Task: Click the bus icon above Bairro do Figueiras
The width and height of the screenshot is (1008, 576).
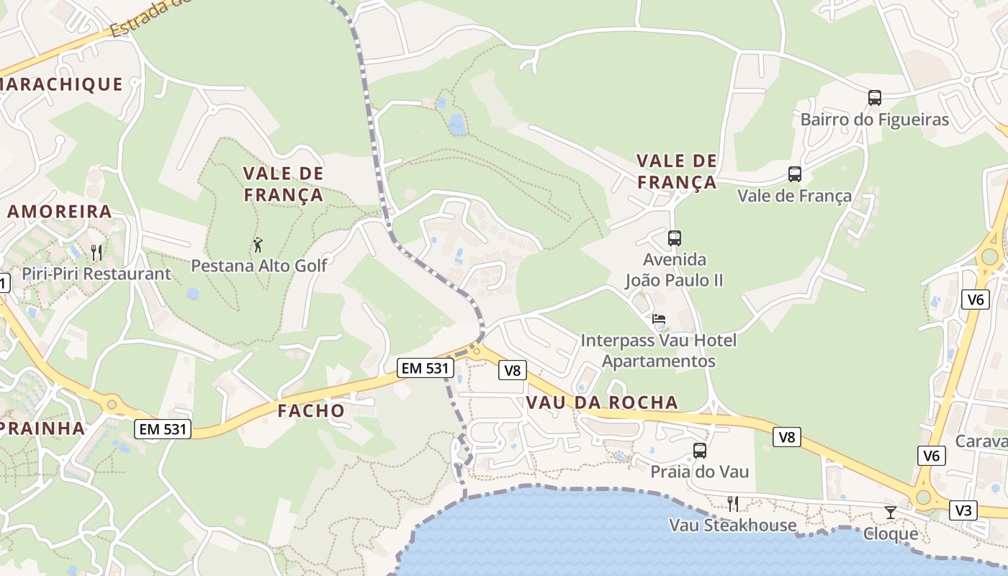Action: click(874, 98)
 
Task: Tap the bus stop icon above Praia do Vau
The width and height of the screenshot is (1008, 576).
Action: click(699, 451)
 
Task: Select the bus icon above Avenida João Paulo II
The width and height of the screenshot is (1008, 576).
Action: click(674, 238)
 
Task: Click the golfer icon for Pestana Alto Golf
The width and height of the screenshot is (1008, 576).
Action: click(258, 245)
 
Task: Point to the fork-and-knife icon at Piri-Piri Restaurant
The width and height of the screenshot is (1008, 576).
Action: click(96, 253)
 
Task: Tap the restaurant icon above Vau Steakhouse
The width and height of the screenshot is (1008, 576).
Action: click(732, 503)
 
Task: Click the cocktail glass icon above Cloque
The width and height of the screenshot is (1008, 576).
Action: click(891, 512)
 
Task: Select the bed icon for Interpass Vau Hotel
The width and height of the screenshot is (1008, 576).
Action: click(658, 319)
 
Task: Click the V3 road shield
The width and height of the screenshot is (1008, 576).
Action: click(963, 510)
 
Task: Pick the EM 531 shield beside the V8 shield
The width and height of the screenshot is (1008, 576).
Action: click(426, 368)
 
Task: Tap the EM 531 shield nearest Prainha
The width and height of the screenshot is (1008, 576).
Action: click(163, 429)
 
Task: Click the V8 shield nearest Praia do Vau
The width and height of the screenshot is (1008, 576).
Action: click(787, 436)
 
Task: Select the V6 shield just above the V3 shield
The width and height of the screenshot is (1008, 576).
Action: click(932, 455)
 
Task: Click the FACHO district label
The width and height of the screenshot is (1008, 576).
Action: click(311, 411)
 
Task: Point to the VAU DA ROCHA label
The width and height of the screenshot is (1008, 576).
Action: click(602, 402)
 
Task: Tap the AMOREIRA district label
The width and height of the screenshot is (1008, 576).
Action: click(60, 212)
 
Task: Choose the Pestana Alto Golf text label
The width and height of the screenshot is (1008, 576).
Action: click(258, 266)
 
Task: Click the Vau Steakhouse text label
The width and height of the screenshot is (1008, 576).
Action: click(733, 525)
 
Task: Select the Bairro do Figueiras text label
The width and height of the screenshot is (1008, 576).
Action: click(875, 120)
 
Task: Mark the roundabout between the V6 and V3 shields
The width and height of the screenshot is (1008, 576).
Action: click(923, 498)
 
